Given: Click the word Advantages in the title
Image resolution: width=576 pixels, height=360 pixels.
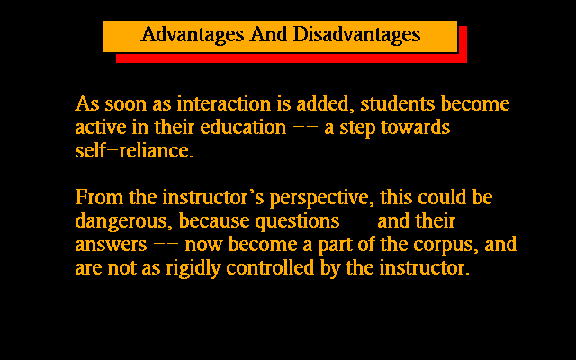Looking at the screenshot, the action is click(193, 35).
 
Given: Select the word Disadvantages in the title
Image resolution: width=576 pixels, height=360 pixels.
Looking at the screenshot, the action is click(356, 35).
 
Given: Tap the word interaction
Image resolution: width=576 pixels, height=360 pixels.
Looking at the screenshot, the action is click(224, 103).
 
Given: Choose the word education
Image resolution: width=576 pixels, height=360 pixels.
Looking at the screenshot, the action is click(243, 127).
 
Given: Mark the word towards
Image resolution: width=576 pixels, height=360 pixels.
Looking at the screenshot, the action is click(416, 127).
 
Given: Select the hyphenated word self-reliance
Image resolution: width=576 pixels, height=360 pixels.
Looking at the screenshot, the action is click(134, 150).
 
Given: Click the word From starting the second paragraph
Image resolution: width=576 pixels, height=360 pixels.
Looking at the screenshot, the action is click(99, 197).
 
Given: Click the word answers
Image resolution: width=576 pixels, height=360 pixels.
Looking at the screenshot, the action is click(111, 245).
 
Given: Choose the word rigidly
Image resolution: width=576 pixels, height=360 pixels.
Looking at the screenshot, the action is click(193, 269).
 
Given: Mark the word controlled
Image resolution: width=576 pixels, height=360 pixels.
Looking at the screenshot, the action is click(270, 268).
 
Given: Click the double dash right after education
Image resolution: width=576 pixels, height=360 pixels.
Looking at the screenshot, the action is click(305, 127).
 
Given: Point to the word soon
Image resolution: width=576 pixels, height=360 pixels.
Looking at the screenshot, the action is click(126, 104).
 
